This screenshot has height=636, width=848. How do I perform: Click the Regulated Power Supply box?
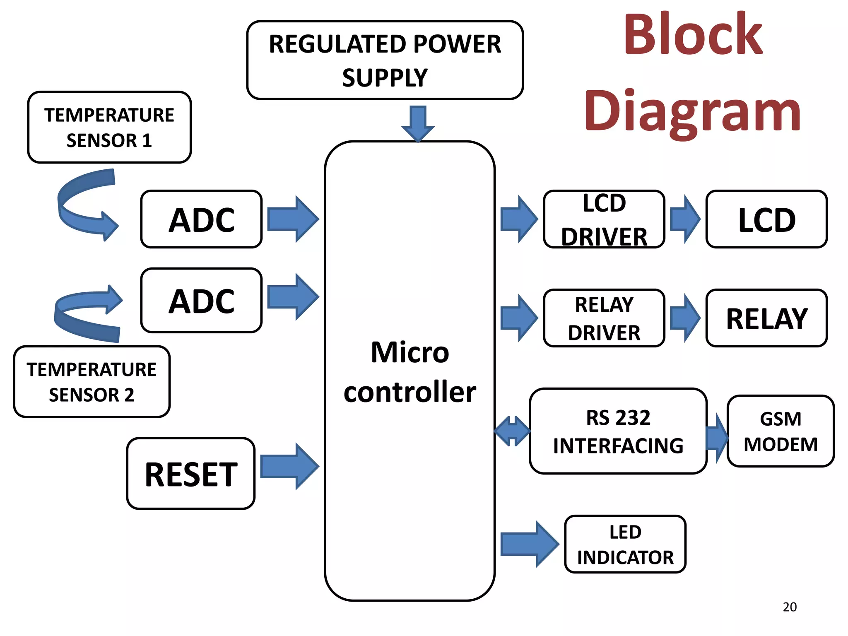click(385, 60)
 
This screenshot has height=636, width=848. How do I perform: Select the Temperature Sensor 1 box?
click(109, 127)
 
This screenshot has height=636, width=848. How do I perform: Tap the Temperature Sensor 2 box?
click(92, 381)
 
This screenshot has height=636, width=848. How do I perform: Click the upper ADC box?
click(201, 219)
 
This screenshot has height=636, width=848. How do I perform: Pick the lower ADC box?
click(201, 300)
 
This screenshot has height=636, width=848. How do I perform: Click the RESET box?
click(190, 473)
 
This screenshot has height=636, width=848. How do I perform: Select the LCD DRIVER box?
click(604, 219)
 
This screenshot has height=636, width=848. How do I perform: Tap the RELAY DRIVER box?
click(604, 318)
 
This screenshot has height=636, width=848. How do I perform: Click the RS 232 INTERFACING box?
click(618, 431)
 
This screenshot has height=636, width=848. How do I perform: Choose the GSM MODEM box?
click(780, 431)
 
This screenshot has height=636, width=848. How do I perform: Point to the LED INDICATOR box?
click(625, 544)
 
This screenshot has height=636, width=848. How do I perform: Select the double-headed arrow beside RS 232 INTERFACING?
click(513, 431)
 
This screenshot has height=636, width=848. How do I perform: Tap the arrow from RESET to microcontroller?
click(289, 466)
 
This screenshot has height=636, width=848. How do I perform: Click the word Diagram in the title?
click(692, 112)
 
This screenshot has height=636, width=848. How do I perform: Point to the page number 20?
click(790, 607)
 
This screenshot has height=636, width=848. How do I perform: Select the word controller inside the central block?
click(410, 392)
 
